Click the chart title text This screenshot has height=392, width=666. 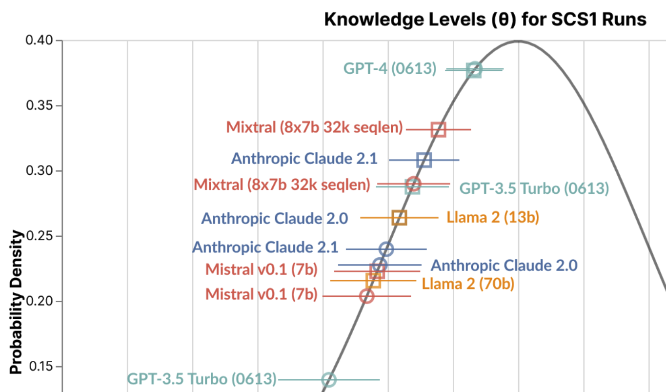coord(485,20)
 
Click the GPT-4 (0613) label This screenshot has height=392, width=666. coord(390,68)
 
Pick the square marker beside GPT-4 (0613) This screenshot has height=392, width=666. coord(474,70)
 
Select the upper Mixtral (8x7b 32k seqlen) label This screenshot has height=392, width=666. coord(315,128)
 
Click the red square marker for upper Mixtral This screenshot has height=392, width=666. coord(439,130)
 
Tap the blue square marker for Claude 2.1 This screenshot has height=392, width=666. coord(424,160)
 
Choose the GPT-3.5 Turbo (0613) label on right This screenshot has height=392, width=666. coord(534,188)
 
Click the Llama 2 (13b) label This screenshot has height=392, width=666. coord(493,217)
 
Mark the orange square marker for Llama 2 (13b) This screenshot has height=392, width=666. coord(399,218)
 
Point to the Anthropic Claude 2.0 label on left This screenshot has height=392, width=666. coord(275,218)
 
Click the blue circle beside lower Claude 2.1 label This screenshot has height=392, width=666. coord(386,249)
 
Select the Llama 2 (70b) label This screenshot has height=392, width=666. coord(468,283)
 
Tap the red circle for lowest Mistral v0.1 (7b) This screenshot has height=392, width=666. coord(366,296)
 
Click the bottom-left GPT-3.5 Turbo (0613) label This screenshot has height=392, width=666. coord(202,379)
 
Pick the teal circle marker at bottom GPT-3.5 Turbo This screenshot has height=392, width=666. coord(329,379)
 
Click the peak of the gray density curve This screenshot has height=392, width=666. coord(518,41)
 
